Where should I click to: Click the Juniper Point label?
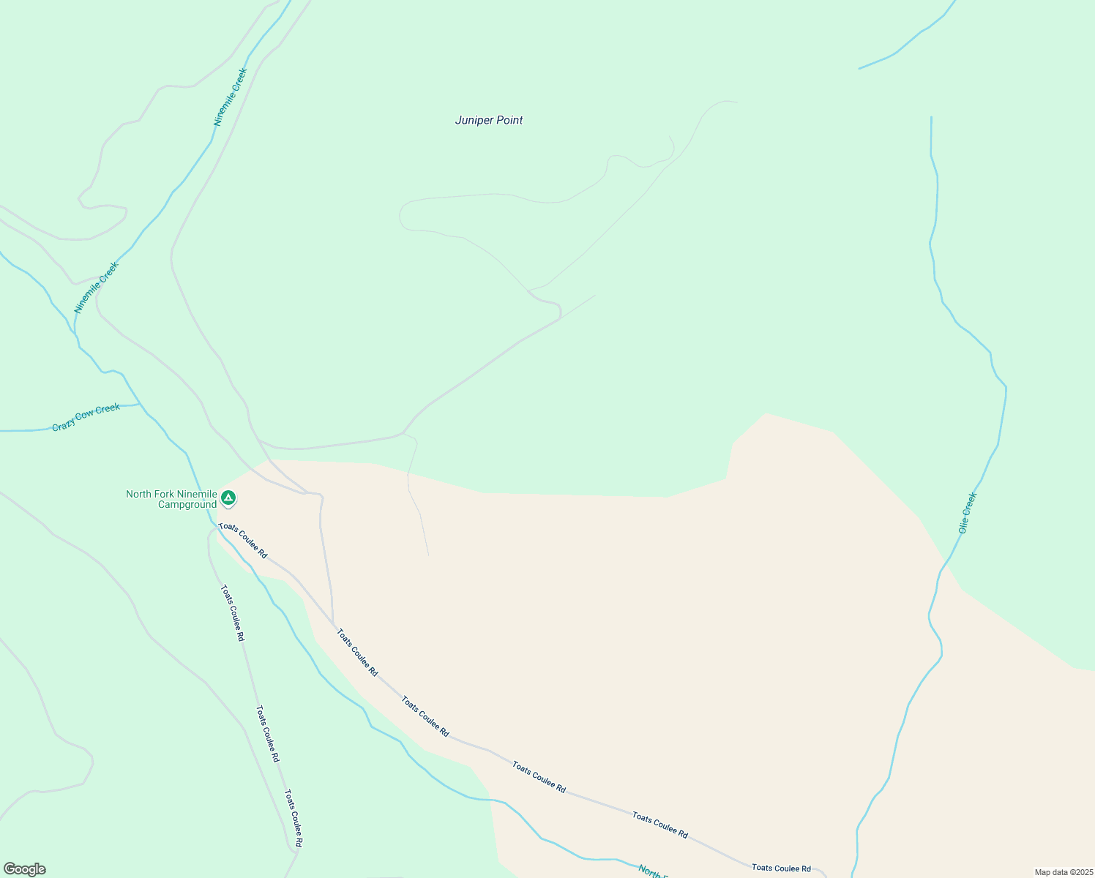pyautogui.click(x=489, y=120)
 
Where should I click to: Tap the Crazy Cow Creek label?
pyautogui.click(x=86, y=418)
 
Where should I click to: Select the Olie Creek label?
pyautogui.click(x=968, y=513)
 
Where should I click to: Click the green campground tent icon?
pyautogui.click(x=228, y=498)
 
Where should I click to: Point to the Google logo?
pyautogui.click(x=24, y=869)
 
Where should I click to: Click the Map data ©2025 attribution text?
pyautogui.click(x=1063, y=872)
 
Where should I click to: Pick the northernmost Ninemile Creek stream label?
pyautogui.click(x=231, y=97)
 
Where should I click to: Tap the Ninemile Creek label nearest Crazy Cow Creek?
pyautogui.click(x=96, y=288)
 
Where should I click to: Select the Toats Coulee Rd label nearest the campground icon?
pyautogui.click(x=243, y=541)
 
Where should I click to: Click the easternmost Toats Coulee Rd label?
pyautogui.click(x=781, y=868)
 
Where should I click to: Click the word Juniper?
pyautogui.click(x=472, y=120)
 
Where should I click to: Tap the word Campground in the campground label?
pyautogui.click(x=187, y=505)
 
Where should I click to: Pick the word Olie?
pyautogui.click(x=964, y=523)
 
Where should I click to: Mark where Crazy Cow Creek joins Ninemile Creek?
pyautogui.click(x=140, y=404)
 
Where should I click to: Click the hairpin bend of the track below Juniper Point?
pyautogui.click(x=401, y=217)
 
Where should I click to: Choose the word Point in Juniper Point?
pyautogui.click(x=509, y=120)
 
